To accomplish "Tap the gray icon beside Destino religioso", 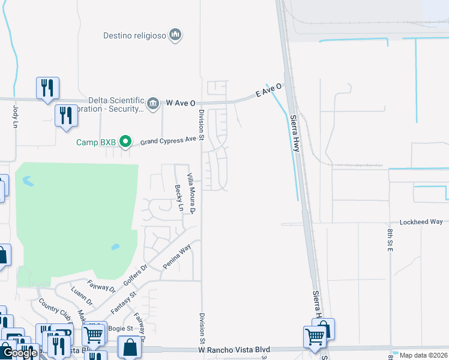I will [176, 35].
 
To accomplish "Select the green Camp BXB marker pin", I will [125, 142].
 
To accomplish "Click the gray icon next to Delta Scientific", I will [153, 104].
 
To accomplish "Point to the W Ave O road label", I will [181, 103].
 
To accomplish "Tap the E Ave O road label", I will [268, 91].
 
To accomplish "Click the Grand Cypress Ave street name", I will [168, 141].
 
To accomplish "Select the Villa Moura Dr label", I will [191, 193].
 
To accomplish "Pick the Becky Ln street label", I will [179, 198].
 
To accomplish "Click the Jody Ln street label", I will [16, 117].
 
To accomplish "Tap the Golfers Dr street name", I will [135, 275].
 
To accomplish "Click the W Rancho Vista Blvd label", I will [235, 349].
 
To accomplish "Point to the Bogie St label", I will [121, 328].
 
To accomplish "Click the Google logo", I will [20, 353].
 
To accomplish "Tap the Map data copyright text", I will [423, 355].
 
